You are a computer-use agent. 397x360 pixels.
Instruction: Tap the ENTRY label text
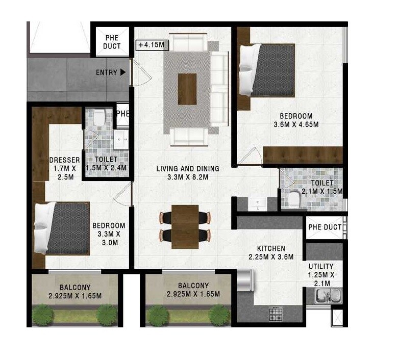point(106,72)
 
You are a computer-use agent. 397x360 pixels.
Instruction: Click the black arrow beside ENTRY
point(122,72)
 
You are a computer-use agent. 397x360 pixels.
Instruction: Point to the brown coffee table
point(187,89)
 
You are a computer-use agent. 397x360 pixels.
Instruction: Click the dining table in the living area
point(185,226)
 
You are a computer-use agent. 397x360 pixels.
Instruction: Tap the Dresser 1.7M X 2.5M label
point(64,168)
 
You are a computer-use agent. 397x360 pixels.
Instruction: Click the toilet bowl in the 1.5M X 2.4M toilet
point(100,118)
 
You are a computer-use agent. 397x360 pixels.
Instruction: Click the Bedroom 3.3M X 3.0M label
point(108,234)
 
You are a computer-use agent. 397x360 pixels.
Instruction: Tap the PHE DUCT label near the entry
point(112,42)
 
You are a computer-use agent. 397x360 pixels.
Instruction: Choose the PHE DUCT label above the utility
point(325,227)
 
